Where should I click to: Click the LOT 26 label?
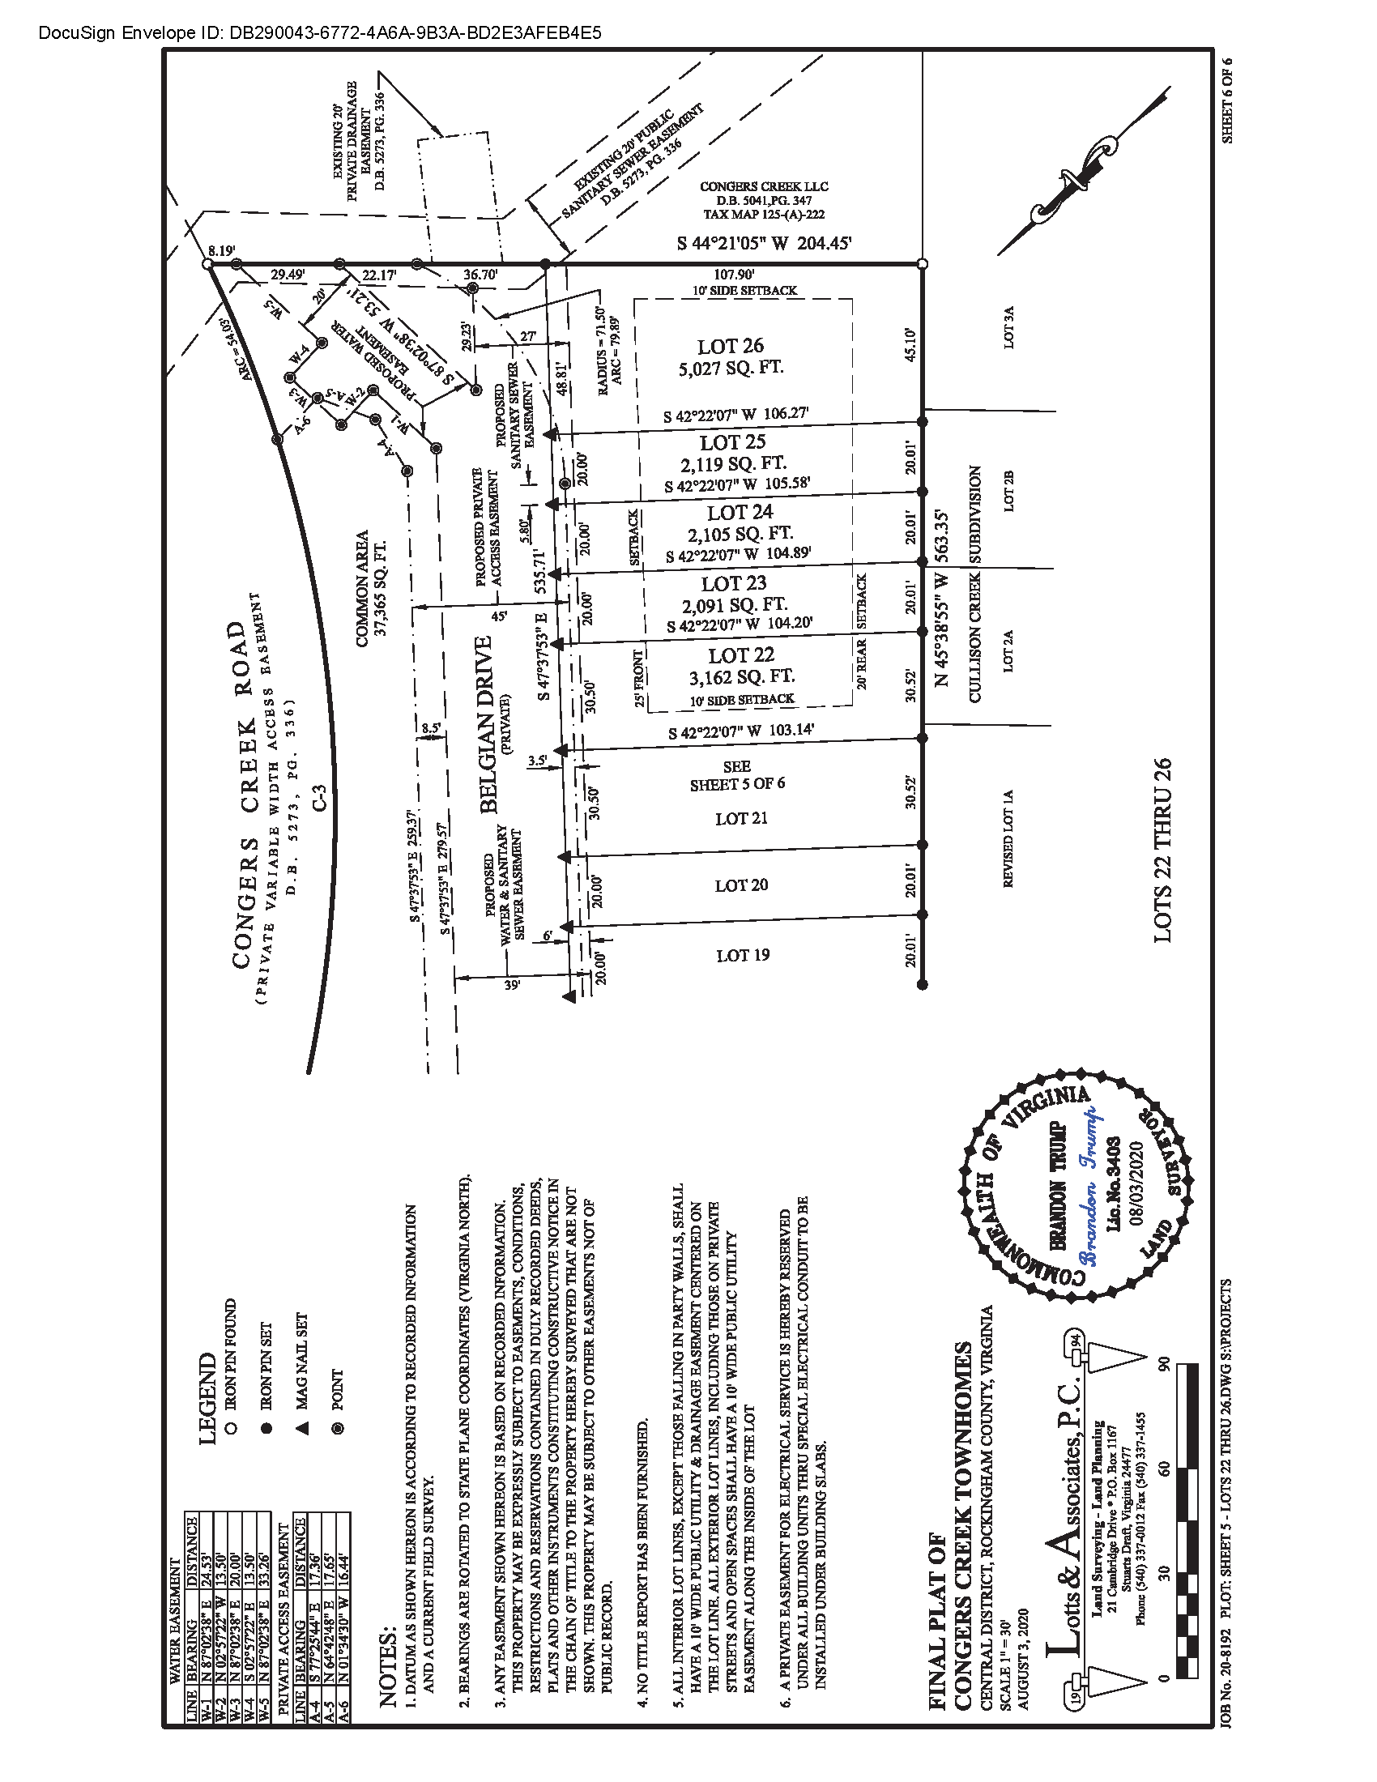point(730,346)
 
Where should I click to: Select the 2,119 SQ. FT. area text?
point(732,463)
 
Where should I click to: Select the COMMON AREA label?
point(362,588)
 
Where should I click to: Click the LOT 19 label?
point(742,955)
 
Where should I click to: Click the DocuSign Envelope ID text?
point(320,32)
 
